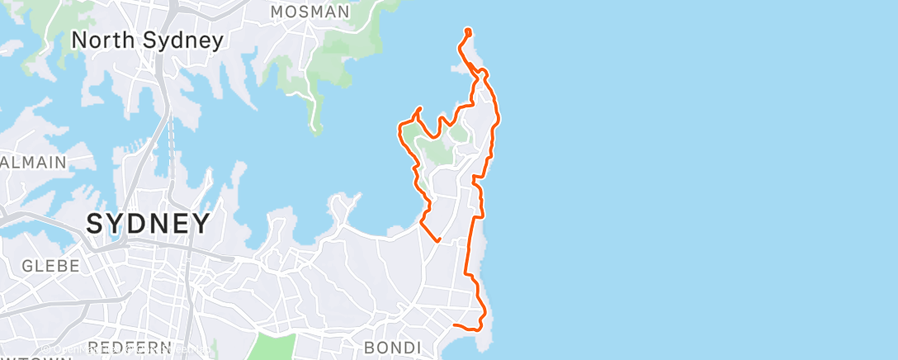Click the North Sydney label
(x=148, y=40)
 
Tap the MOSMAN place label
(x=310, y=12)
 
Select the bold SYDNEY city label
(x=149, y=223)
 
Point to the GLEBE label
(x=51, y=266)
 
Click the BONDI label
(x=393, y=346)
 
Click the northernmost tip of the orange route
(x=467, y=31)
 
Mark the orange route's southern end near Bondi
(x=455, y=325)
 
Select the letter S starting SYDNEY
(x=95, y=223)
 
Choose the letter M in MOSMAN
(x=277, y=12)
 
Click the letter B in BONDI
(x=368, y=346)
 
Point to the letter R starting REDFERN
(x=93, y=347)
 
